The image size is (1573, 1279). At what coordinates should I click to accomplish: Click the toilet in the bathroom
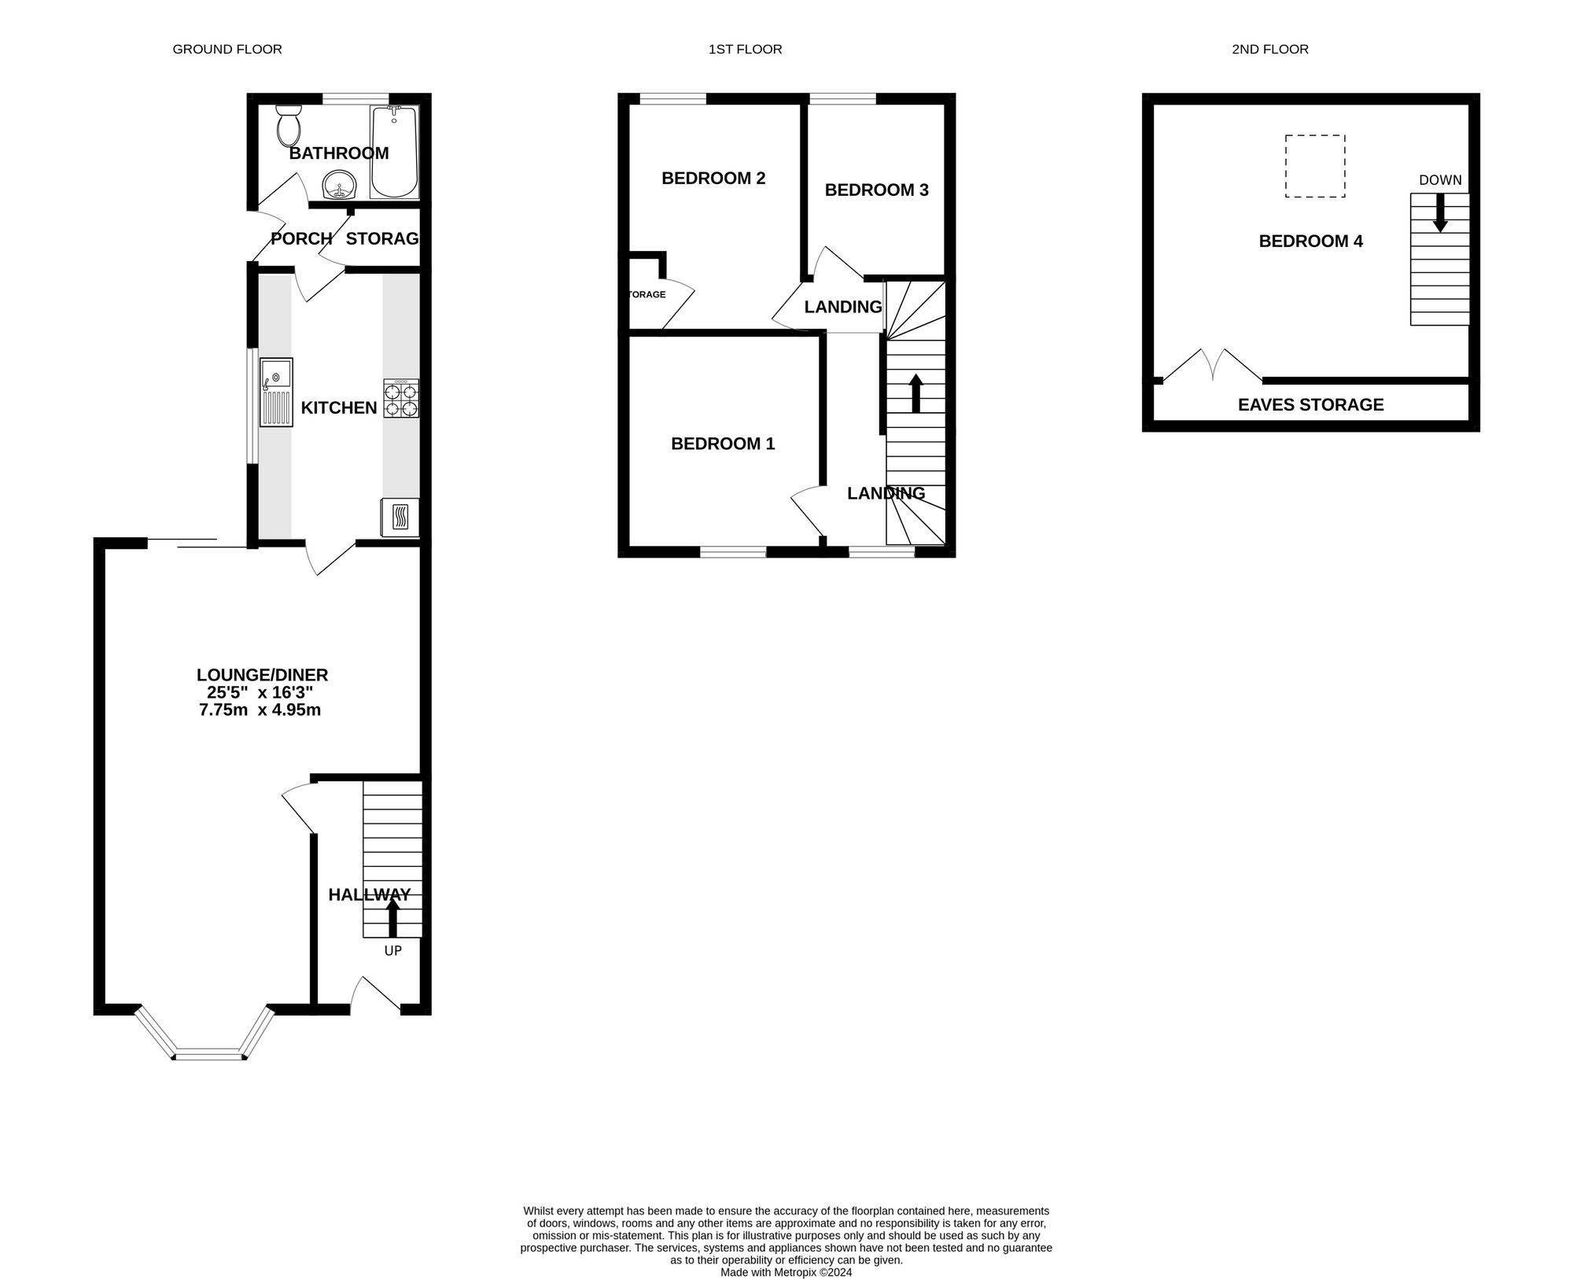[289, 126]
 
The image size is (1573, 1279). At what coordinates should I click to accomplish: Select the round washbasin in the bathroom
[340, 186]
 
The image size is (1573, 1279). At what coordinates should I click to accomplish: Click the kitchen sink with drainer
[276, 393]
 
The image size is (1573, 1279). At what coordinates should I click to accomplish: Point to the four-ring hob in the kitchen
[401, 398]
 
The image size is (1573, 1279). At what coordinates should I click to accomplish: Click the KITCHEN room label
[339, 407]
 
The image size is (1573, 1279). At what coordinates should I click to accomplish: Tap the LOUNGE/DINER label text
[262, 675]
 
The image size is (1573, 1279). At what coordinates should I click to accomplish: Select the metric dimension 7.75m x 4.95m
[260, 710]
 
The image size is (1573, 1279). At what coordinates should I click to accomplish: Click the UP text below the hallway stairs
[392, 951]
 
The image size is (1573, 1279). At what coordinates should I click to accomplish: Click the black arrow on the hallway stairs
[392, 917]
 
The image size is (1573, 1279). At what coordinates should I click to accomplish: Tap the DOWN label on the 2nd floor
[1440, 180]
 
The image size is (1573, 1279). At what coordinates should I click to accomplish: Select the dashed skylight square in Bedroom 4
[1315, 166]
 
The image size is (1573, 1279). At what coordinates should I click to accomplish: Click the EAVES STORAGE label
[1310, 405]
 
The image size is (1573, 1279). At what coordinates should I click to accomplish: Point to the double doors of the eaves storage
[1212, 366]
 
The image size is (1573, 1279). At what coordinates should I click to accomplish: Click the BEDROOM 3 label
[876, 190]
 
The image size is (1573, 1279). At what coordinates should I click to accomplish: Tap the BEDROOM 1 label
[723, 444]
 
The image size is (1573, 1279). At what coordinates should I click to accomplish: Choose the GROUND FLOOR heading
[227, 50]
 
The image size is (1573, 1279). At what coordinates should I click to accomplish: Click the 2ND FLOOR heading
[1270, 50]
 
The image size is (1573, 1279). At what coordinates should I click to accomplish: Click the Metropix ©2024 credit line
[786, 1250]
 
